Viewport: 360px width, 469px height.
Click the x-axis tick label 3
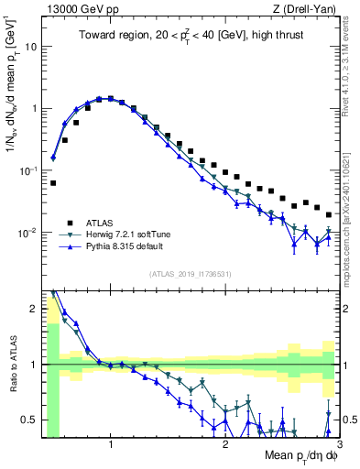pyautogui.click(x=338, y=444)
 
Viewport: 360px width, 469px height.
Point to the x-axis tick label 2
pyautogui.click(x=224, y=444)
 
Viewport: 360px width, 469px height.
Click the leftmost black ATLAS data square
pyautogui.click(x=53, y=183)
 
